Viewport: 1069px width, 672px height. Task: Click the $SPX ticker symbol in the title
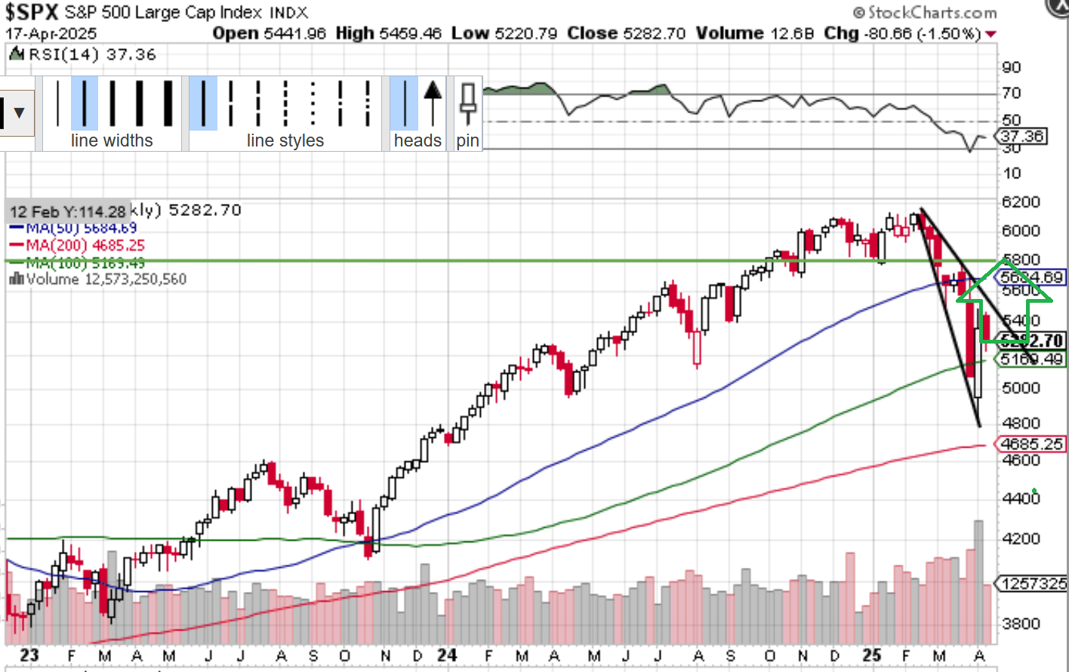coord(32,12)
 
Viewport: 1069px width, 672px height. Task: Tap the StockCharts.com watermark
coord(926,12)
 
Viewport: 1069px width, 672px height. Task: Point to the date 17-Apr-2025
coord(51,34)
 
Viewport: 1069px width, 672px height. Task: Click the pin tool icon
coord(467,104)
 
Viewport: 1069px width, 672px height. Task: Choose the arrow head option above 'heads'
coord(433,103)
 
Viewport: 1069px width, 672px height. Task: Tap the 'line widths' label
coord(112,140)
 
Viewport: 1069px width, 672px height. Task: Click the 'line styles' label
coord(285,140)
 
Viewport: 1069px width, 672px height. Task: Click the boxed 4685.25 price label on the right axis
coord(1030,444)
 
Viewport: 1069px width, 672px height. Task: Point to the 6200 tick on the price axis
coord(1021,202)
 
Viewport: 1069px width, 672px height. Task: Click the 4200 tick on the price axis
coord(1021,538)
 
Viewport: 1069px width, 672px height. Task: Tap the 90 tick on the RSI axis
coord(1012,67)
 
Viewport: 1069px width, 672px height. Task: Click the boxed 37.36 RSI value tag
coord(1021,136)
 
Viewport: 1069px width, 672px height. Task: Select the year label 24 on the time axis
coord(447,655)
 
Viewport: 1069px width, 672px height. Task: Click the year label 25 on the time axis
coord(872,655)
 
